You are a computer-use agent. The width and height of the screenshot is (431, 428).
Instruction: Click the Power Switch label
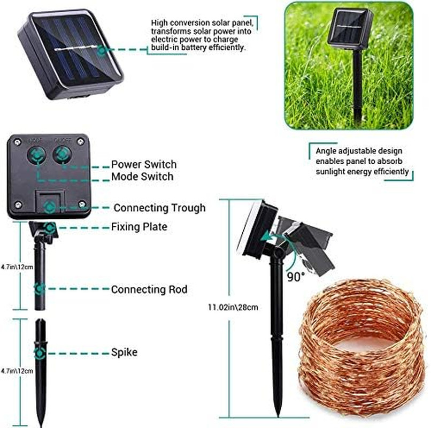[143, 164]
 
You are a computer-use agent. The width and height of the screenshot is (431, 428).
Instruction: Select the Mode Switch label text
[142, 177]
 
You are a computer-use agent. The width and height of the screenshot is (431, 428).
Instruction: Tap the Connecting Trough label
[159, 208]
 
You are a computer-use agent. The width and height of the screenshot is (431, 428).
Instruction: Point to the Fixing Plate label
[139, 227]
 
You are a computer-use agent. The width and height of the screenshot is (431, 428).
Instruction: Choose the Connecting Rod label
[149, 289]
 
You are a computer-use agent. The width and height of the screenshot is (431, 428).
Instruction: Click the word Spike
[124, 352]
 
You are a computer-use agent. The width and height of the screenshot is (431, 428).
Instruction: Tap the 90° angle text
[295, 277]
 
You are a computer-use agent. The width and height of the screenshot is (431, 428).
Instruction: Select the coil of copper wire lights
[361, 348]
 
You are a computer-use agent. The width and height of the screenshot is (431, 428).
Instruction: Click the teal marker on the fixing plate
[50, 228]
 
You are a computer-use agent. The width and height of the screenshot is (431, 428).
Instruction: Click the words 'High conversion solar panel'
[200, 23]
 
